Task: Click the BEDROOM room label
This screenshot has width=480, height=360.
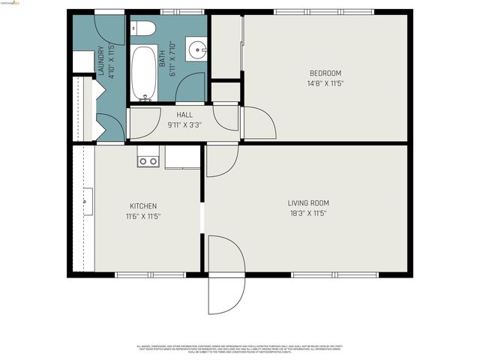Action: [325, 73]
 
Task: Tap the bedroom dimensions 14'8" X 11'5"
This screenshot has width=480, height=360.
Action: [325, 83]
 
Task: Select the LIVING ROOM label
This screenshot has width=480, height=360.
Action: [308, 202]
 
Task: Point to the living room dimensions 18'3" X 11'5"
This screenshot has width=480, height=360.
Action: [308, 213]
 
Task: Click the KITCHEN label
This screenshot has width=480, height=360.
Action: [142, 205]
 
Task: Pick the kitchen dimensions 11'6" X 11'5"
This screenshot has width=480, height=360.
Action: [142, 216]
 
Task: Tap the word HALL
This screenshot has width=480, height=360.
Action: [184, 115]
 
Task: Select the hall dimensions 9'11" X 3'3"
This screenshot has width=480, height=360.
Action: [184, 125]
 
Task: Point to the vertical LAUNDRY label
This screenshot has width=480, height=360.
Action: [101, 62]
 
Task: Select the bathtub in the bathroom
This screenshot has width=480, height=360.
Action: [142, 73]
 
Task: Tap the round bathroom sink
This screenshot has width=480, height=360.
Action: [199, 50]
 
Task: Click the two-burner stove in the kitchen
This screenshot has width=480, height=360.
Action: [148, 160]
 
